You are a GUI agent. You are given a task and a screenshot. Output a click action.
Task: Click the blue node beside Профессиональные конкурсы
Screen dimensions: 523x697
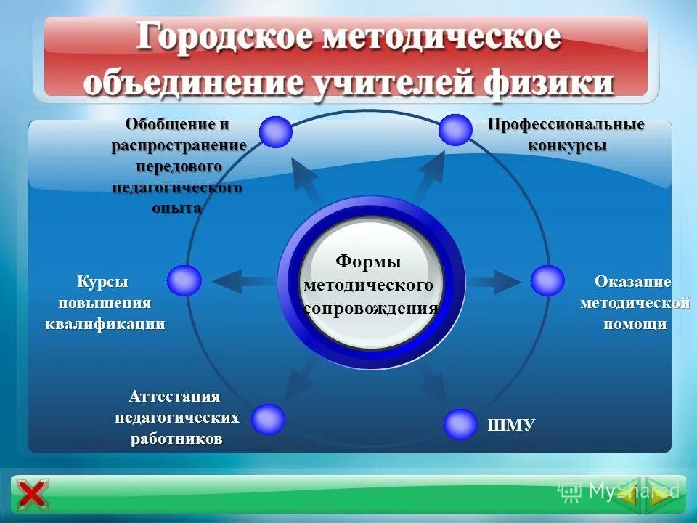coord(455,130)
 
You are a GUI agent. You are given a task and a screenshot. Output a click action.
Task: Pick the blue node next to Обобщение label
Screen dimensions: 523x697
coord(276,132)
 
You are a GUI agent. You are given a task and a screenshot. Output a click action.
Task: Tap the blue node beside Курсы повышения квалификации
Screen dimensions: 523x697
coord(184,280)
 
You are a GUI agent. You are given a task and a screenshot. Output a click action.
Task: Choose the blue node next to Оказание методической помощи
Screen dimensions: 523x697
coord(547,280)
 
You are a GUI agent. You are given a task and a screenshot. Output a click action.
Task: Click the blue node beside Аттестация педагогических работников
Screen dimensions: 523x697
coord(269,419)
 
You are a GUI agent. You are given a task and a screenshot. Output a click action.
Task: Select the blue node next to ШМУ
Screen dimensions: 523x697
coord(460,424)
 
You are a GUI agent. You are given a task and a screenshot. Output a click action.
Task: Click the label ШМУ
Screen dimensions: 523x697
coord(511,424)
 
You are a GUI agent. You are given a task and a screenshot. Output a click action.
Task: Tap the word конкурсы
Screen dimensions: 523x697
coord(567,145)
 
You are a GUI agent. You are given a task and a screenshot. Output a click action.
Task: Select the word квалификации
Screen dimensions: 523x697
coord(105,324)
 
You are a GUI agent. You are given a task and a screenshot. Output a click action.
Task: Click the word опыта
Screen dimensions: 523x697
coord(177,208)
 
